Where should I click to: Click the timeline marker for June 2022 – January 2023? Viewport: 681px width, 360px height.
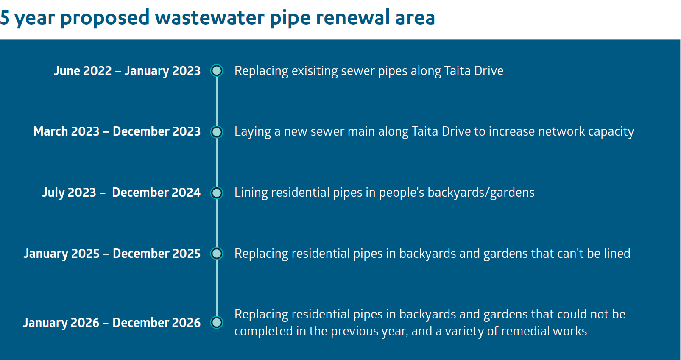216,70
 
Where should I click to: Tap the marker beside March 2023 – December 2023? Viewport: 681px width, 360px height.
216,132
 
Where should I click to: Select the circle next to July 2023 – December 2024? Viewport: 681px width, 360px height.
216,193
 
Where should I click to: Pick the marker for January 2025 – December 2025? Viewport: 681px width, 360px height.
216,254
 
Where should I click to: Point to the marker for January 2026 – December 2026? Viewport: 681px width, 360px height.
216,323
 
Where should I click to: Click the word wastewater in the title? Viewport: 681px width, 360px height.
210,17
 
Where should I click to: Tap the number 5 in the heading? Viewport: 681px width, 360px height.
5,17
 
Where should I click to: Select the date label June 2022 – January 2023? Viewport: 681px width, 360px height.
127,71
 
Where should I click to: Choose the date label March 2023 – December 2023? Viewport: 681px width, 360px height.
117,131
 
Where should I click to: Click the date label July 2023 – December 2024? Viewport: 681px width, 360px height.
121,193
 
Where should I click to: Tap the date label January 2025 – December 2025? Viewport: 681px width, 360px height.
112,254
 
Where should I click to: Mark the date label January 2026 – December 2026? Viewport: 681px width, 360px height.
112,323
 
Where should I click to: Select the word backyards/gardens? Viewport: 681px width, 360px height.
481,193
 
